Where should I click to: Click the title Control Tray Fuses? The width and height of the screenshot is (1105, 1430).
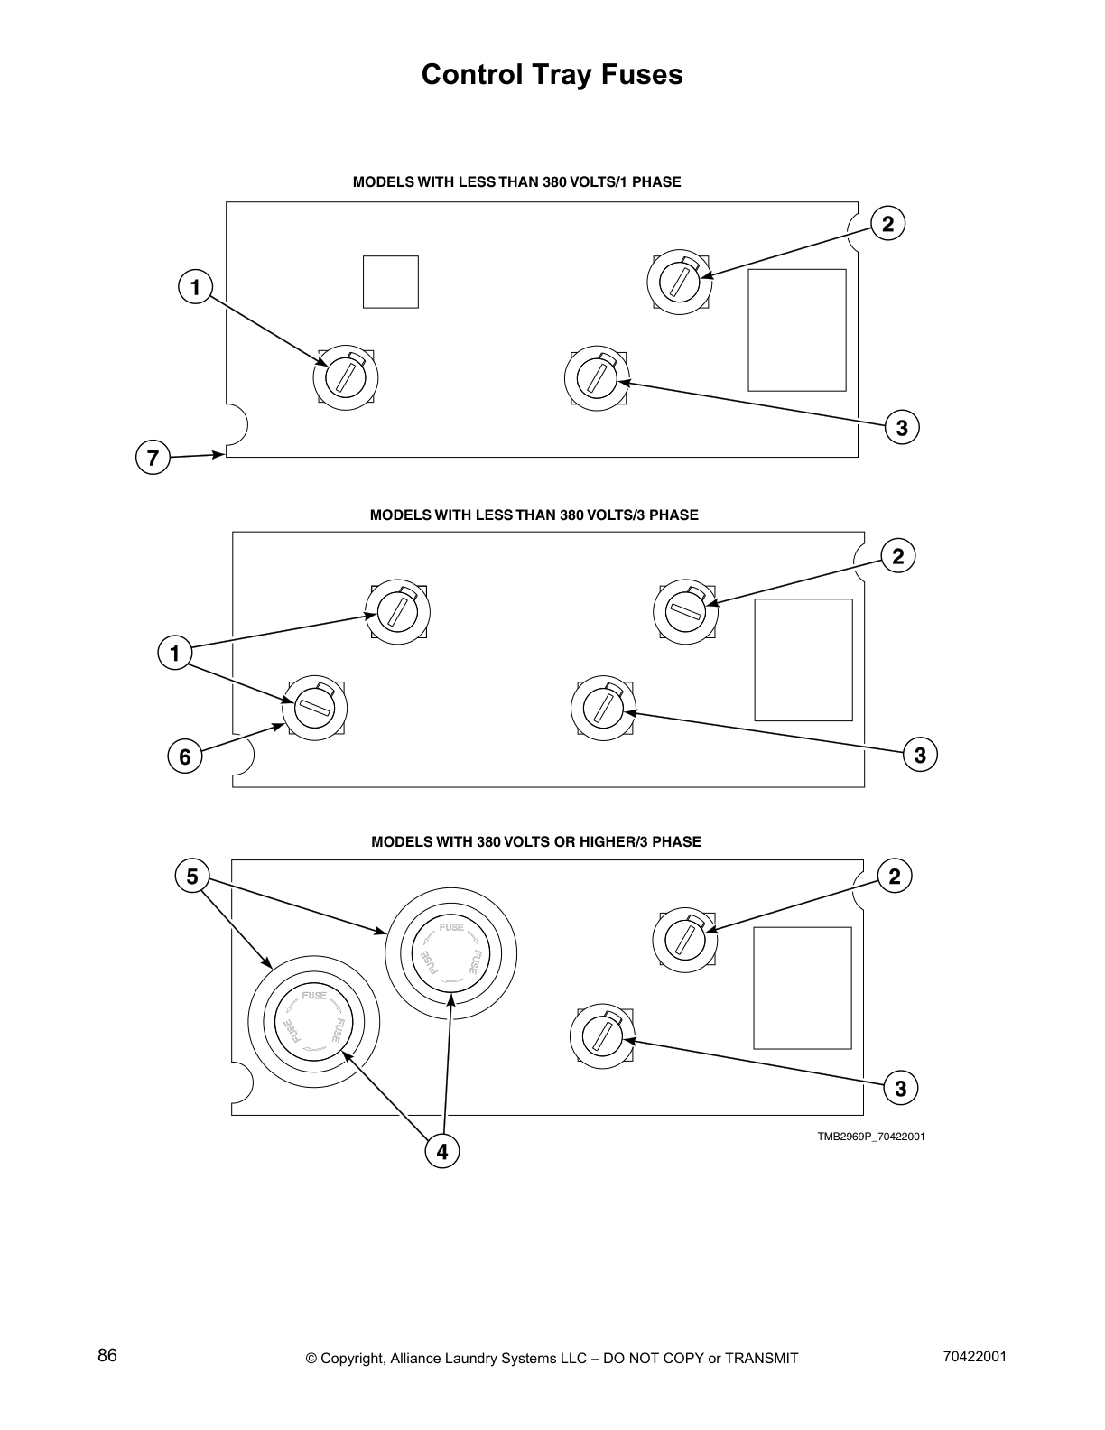click(552, 75)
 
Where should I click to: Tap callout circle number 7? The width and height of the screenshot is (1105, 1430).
click(153, 459)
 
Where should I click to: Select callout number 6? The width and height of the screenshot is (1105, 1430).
click(185, 757)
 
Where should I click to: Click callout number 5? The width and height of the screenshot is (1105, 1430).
click(192, 877)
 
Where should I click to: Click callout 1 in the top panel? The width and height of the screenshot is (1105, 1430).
click(195, 288)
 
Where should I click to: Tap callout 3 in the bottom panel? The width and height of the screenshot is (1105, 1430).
click(900, 1089)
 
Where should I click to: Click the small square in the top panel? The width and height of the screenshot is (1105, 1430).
click(390, 282)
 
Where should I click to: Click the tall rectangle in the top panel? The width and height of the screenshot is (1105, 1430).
click(796, 330)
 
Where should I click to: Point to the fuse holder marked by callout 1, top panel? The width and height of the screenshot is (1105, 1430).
click(345, 376)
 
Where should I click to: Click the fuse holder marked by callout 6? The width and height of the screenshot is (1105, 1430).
click(315, 709)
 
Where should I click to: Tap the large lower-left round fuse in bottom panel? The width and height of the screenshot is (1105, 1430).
click(314, 1022)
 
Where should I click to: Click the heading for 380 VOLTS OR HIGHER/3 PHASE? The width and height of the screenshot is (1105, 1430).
click(535, 842)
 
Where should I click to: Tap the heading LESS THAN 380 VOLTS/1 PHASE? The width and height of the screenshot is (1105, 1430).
click(516, 182)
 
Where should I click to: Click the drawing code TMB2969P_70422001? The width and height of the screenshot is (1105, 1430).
click(870, 1137)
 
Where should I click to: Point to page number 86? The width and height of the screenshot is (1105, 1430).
click(107, 1356)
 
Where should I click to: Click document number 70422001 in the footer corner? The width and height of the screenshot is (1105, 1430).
click(974, 1357)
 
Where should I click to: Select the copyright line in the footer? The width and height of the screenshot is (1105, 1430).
click(552, 1359)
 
